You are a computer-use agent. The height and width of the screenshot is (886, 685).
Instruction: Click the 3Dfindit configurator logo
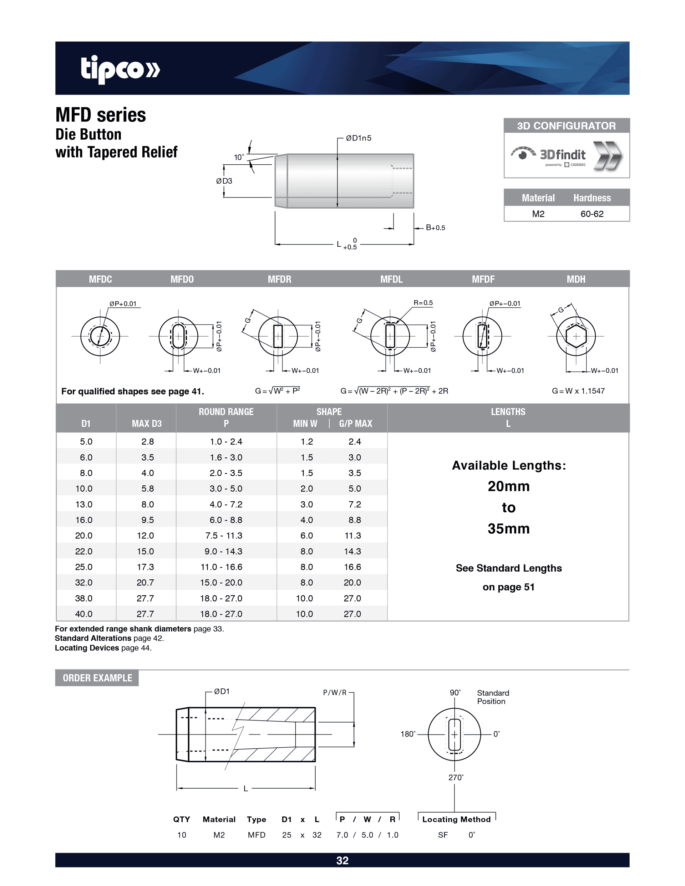pyautogui.click(x=565, y=156)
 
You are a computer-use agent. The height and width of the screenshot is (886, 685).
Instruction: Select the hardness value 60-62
pyautogui.click(x=592, y=214)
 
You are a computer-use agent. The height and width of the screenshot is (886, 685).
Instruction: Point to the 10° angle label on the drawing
pyautogui.click(x=239, y=157)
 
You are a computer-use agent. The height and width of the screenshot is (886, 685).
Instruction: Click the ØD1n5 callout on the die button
pyautogui.click(x=358, y=138)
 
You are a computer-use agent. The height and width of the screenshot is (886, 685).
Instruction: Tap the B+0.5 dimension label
pyautogui.click(x=435, y=227)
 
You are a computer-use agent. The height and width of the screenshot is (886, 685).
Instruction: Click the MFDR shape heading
pyautogui.click(x=279, y=279)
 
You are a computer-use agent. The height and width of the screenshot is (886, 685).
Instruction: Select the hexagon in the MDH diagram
pyautogui.click(x=575, y=336)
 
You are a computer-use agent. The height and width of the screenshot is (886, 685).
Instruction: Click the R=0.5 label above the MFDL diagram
pyautogui.click(x=423, y=303)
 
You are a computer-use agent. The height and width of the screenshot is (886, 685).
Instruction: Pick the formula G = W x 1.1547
pyautogui.click(x=578, y=391)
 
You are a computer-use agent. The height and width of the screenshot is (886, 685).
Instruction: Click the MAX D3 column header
pyautogui.click(x=147, y=424)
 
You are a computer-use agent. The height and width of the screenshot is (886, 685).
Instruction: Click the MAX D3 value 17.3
pyautogui.click(x=145, y=567)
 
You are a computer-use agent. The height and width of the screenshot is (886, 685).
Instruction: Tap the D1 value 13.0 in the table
pyautogui.click(x=83, y=504)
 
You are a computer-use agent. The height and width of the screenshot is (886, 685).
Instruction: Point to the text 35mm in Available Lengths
pyautogui.click(x=508, y=529)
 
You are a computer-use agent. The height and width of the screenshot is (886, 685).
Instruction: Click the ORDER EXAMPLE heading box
pyautogui.click(x=97, y=678)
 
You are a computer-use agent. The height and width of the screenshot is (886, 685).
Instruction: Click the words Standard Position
pyautogui.click(x=493, y=697)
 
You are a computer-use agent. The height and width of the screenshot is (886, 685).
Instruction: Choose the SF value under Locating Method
pyautogui.click(x=443, y=835)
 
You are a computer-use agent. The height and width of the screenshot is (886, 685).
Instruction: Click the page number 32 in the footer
pyautogui.click(x=342, y=860)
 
